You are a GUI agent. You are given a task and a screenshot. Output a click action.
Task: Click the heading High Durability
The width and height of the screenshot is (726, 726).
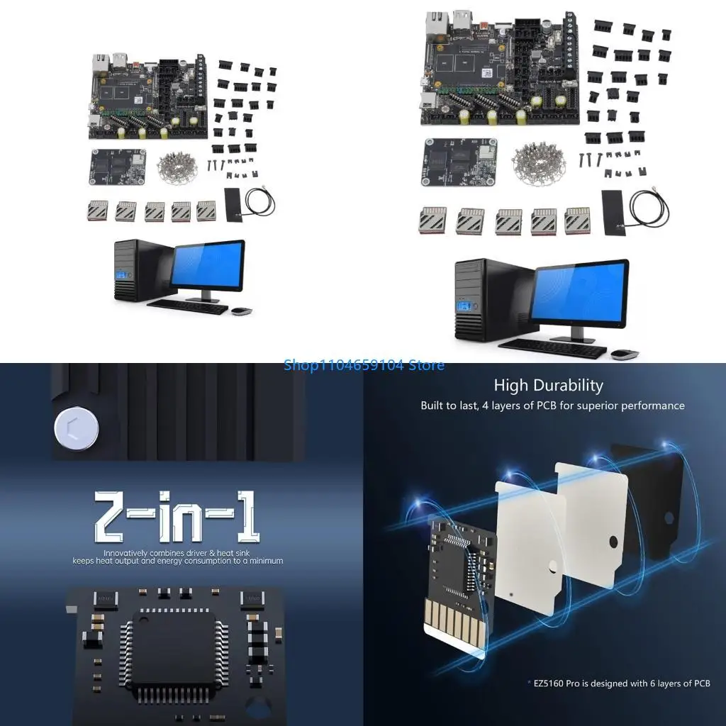tap(548, 386)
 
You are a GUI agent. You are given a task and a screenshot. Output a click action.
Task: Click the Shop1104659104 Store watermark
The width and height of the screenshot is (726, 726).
tap(364, 365)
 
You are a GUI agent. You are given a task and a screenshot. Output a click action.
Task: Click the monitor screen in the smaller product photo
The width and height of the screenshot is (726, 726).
tap(208, 265)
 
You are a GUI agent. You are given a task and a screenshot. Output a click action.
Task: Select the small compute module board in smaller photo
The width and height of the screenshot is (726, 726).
tap(117, 166)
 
